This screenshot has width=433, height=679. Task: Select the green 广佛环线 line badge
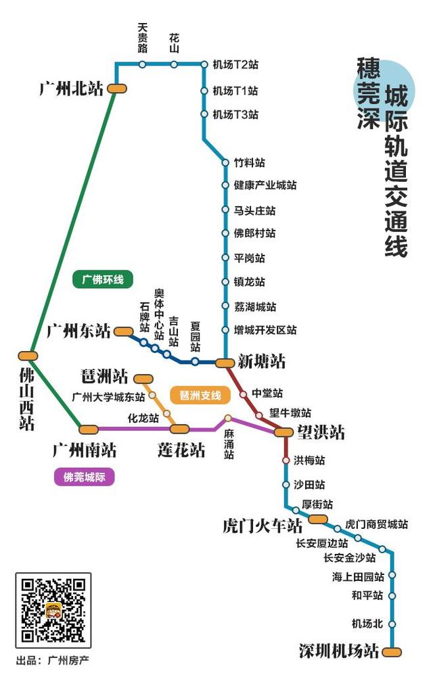(103, 279)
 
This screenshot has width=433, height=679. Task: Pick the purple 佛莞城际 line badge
(85, 477)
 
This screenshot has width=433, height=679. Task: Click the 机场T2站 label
(235, 65)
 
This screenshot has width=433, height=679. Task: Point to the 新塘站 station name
(261, 362)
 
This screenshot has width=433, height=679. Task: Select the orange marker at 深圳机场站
(391, 652)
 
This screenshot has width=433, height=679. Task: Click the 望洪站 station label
(320, 432)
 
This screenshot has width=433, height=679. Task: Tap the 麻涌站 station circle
(228, 418)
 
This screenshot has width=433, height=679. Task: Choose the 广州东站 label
(78, 331)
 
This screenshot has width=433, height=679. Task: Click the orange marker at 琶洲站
(144, 379)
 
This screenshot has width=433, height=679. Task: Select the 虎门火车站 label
(262, 525)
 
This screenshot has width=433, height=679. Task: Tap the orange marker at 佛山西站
(28, 356)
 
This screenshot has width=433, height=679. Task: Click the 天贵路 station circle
(142, 64)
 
